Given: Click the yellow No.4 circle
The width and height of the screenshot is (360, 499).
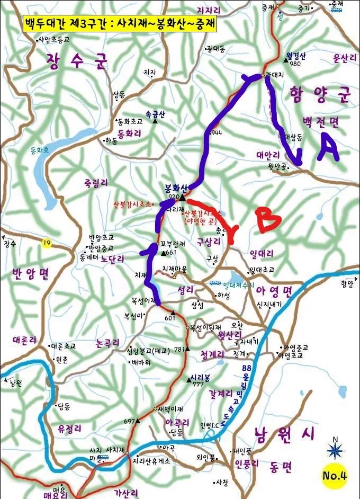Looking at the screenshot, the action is click(335, 475).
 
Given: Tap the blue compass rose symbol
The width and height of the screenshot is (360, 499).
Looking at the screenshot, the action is click(335, 450).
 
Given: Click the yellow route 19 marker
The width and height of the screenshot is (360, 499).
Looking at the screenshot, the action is click(47, 243).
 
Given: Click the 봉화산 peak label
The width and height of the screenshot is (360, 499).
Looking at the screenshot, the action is click(177, 188).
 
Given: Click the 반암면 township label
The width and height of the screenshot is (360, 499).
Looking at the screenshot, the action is click(30, 273).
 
